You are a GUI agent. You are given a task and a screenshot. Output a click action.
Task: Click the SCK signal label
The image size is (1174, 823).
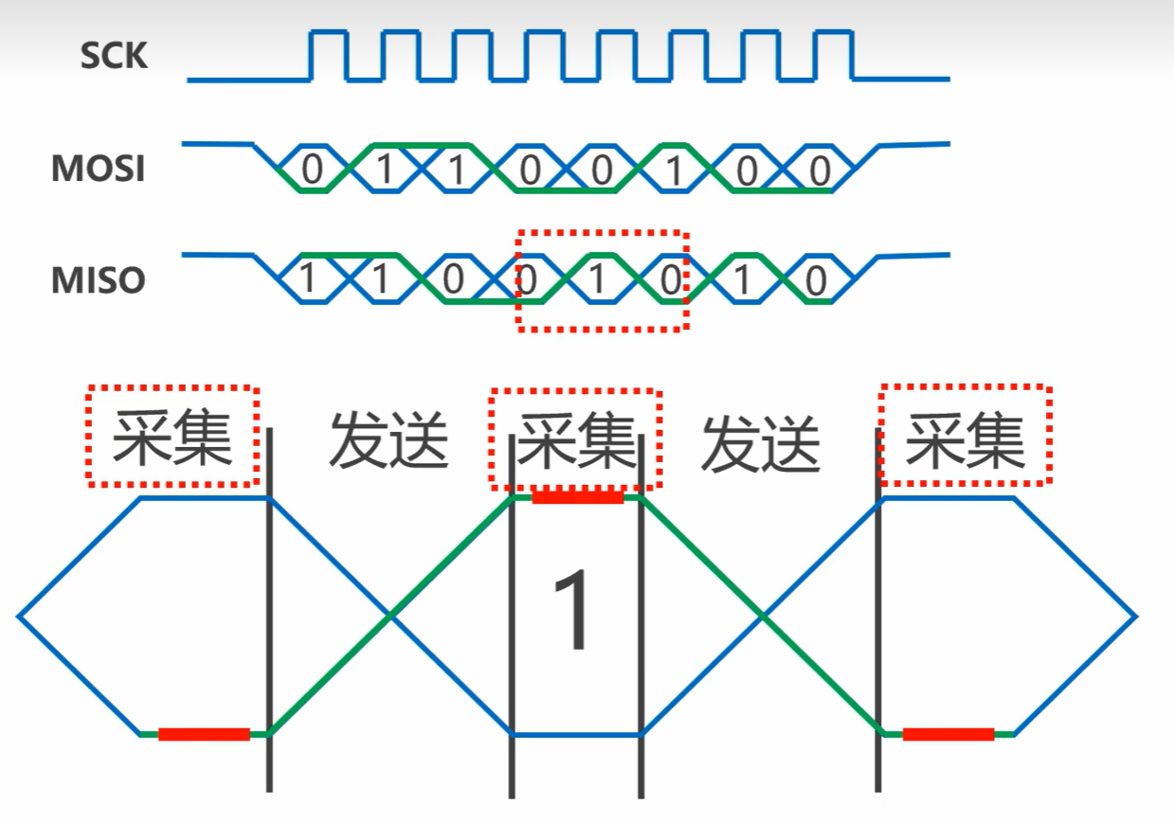pos(114,56)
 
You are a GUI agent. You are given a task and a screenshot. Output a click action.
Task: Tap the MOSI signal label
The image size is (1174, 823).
pos(98,169)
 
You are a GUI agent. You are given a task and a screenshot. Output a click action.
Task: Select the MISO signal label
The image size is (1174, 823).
pos(98,279)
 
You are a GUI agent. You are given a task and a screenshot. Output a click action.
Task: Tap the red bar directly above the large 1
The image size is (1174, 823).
pos(577,497)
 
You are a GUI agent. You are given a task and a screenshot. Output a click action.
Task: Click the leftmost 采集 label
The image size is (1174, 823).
pos(172,438)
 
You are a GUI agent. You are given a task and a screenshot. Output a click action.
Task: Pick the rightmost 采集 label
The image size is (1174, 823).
pos(965,438)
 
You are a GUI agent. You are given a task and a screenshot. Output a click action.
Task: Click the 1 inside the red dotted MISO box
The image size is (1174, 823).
pos(598,280)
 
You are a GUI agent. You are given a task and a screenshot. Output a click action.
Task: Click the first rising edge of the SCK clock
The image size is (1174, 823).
pos(311,56)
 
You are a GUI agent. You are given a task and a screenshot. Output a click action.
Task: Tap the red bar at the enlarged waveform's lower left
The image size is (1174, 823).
pos(204,734)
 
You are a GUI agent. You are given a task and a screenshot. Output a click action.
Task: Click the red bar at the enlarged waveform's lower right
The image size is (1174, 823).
pos(948,734)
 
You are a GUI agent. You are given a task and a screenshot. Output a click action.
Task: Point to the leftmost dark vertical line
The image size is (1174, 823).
pos(269,606)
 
